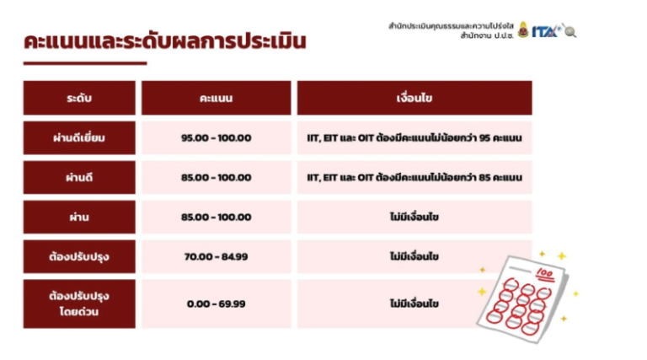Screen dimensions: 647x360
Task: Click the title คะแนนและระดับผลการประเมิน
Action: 165,41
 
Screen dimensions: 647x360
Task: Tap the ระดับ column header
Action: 79,98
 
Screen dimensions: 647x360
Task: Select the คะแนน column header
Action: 217,98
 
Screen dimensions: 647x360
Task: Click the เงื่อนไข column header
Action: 414,98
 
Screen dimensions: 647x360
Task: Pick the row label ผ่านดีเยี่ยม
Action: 79,138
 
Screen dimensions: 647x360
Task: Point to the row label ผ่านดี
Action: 79,178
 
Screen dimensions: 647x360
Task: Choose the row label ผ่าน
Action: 79,218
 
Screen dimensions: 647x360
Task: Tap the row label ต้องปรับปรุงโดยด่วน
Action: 79,304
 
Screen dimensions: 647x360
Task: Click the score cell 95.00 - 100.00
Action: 217,138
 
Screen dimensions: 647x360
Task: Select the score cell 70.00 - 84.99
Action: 217,256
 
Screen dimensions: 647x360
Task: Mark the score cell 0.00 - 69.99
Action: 217,304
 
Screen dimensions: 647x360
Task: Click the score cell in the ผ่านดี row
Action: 217,178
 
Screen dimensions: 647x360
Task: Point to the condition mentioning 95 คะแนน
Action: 414,138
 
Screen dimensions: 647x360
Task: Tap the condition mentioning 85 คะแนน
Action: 414,178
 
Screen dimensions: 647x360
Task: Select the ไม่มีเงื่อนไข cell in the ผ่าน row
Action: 414,218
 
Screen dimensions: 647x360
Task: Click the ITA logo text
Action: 546,31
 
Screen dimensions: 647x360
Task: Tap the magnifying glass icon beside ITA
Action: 570,31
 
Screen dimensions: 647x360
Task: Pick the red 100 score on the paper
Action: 545,274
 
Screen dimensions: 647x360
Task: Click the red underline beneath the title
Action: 85,63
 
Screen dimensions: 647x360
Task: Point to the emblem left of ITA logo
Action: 523,30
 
